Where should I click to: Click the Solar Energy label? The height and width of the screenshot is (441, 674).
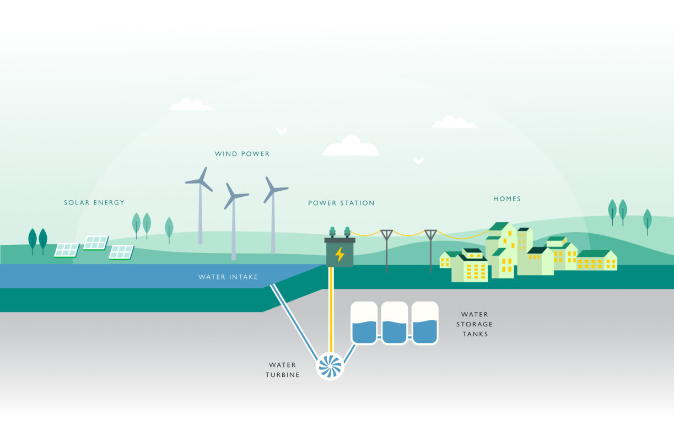[94, 203]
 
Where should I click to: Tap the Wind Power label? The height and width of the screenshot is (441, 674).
[242, 154]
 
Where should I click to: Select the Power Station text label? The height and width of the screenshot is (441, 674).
[341, 203]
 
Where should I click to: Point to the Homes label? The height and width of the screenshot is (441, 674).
[507, 199]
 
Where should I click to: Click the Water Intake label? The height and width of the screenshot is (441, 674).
[228, 277]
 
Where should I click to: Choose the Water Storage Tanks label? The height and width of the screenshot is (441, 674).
[475, 324]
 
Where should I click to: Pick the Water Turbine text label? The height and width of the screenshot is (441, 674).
[282, 370]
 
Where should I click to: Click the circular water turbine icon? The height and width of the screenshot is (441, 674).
[330, 367]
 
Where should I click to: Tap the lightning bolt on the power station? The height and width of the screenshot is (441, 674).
[339, 254]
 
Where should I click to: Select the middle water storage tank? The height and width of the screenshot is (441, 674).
[395, 323]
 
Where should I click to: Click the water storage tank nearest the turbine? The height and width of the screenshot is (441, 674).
[364, 323]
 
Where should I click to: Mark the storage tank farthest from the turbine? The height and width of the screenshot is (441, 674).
[425, 323]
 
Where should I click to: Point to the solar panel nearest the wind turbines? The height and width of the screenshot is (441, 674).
[121, 252]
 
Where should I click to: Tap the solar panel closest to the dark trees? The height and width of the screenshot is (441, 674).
[67, 250]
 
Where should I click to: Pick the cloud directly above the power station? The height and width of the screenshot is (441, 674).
[351, 147]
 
